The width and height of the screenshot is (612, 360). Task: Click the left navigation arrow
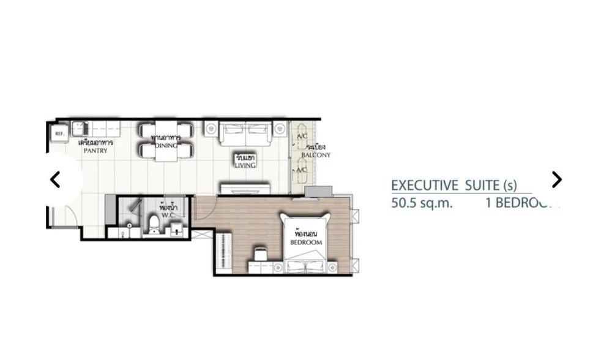pyautogui.click(x=55, y=179)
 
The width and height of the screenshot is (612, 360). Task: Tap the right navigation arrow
pyautogui.click(x=556, y=179)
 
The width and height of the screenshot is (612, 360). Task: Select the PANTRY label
pyautogui.click(x=95, y=151)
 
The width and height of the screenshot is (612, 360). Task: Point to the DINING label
pyautogui.click(x=166, y=146)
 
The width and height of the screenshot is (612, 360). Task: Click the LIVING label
pyautogui.click(x=245, y=165)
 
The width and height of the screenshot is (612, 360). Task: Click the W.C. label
pyautogui.click(x=166, y=215)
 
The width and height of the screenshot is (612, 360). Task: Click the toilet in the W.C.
pyautogui.click(x=152, y=225)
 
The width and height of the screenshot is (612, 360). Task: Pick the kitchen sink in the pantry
pyautogui.click(x=79, y=129)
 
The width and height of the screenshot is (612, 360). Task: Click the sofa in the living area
pyautogui.click(x=245, y=133)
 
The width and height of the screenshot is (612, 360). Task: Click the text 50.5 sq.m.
pyautogui.click(x=422, y=203)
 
